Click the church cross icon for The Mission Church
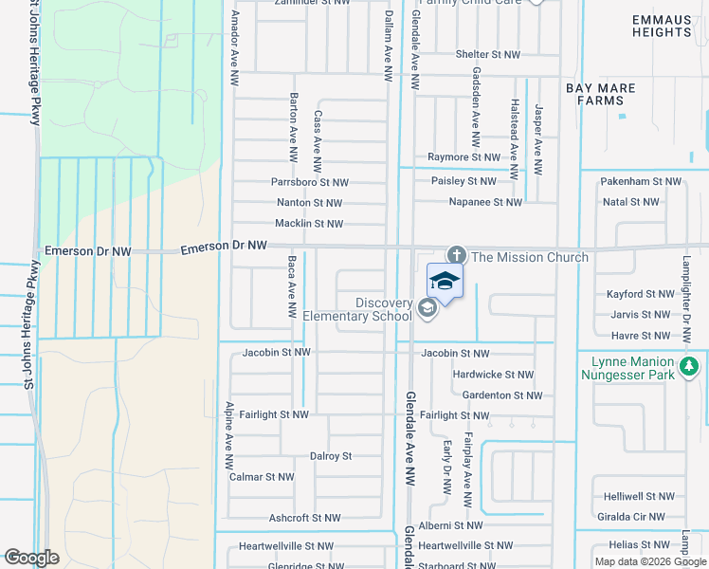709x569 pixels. click(456, 256)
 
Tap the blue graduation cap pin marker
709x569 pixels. click(445, 281)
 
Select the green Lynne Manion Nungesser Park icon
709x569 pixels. click(690, 365)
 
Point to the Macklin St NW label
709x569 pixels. click(309, 224)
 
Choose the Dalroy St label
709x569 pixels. click(331, 456)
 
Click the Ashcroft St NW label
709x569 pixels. click(304, 519)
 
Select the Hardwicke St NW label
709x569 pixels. click(494, 376)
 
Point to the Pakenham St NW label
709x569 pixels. click(642, 181)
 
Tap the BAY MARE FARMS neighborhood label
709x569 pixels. click(601, 94)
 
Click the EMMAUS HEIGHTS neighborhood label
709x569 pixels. click(662, 26)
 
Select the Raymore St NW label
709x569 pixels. click(464, 157)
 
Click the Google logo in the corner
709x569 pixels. click(31, 558)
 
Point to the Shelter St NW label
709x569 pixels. click(488, 55)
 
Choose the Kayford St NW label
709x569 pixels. click(639, 295)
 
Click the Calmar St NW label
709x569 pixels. click(262, 477)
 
